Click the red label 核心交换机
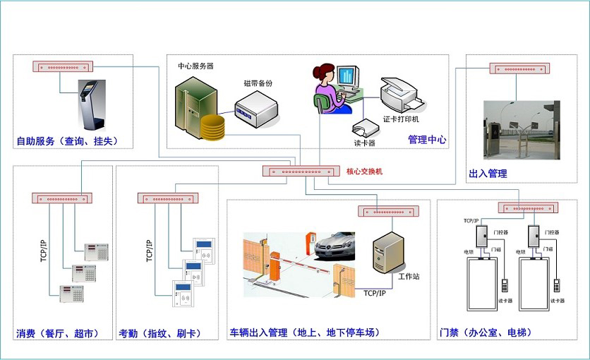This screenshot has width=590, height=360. [364, 172]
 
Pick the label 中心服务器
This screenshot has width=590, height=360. [195, 66]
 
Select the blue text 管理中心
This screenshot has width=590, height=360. [427, 140]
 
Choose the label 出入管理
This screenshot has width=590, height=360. [488, 174]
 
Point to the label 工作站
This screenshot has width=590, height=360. [409, 277]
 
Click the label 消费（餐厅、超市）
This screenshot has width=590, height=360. [56, 332]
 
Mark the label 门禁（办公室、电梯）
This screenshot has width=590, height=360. [485, 332]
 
